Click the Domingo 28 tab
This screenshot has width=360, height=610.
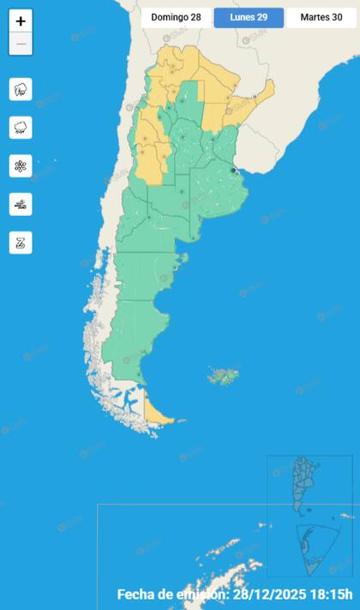176,17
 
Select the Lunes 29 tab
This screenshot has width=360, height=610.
248,17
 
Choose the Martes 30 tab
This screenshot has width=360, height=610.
321,17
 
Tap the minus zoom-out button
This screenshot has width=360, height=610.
21,44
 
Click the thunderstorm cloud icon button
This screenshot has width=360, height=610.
21,89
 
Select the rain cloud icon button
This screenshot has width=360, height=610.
21,128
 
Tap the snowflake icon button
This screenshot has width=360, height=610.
21,166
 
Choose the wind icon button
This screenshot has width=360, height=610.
21,204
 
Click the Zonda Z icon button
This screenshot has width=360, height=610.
21,242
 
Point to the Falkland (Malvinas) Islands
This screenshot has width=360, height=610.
225,375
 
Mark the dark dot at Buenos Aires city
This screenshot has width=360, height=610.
234,170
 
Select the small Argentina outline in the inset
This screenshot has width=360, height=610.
304,484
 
